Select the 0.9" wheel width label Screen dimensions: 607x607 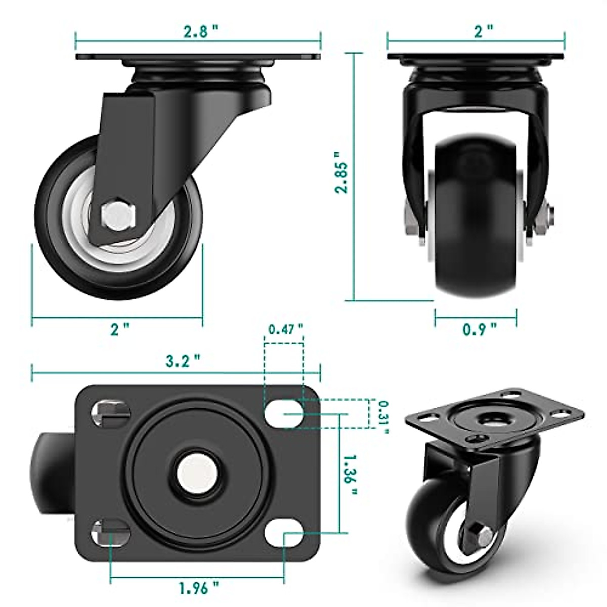point(480,329)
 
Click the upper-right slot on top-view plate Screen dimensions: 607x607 point(284,413)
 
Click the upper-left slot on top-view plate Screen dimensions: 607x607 point(109,413)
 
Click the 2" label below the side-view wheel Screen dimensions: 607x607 point(119,329)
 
